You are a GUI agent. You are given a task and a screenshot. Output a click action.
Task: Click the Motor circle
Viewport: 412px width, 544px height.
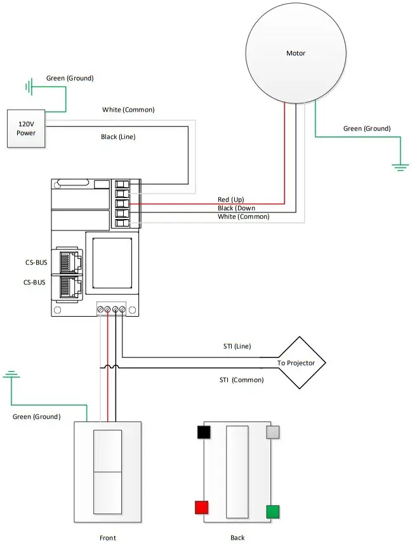295,53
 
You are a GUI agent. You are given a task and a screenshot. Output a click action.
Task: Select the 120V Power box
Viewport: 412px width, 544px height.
26,129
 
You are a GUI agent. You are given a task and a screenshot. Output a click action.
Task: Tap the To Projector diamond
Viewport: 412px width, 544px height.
301,363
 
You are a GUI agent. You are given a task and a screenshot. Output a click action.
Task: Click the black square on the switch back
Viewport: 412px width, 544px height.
204,432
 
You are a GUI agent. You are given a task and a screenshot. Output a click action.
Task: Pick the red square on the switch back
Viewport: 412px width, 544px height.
201,507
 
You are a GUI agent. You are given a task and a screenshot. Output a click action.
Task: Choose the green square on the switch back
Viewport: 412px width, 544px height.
272,512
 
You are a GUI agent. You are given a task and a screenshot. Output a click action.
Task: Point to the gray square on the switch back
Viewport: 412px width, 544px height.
272,432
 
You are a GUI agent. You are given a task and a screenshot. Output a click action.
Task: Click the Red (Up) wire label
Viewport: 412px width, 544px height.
230,199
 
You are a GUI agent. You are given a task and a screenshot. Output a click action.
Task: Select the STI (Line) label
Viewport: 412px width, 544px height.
234,346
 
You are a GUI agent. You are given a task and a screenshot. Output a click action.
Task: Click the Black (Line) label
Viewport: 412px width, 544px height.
118,136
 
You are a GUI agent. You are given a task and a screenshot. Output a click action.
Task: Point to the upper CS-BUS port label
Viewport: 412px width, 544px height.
35,262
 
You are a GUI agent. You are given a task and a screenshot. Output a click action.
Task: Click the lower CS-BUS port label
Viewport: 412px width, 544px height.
35,282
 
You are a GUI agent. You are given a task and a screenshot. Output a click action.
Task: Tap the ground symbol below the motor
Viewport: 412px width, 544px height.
399,167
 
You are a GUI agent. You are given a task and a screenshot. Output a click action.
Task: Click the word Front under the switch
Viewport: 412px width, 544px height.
107,538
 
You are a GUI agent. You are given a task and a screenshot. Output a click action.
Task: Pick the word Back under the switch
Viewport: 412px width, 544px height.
237,538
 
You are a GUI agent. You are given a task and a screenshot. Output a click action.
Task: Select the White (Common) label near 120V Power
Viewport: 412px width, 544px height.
128,110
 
